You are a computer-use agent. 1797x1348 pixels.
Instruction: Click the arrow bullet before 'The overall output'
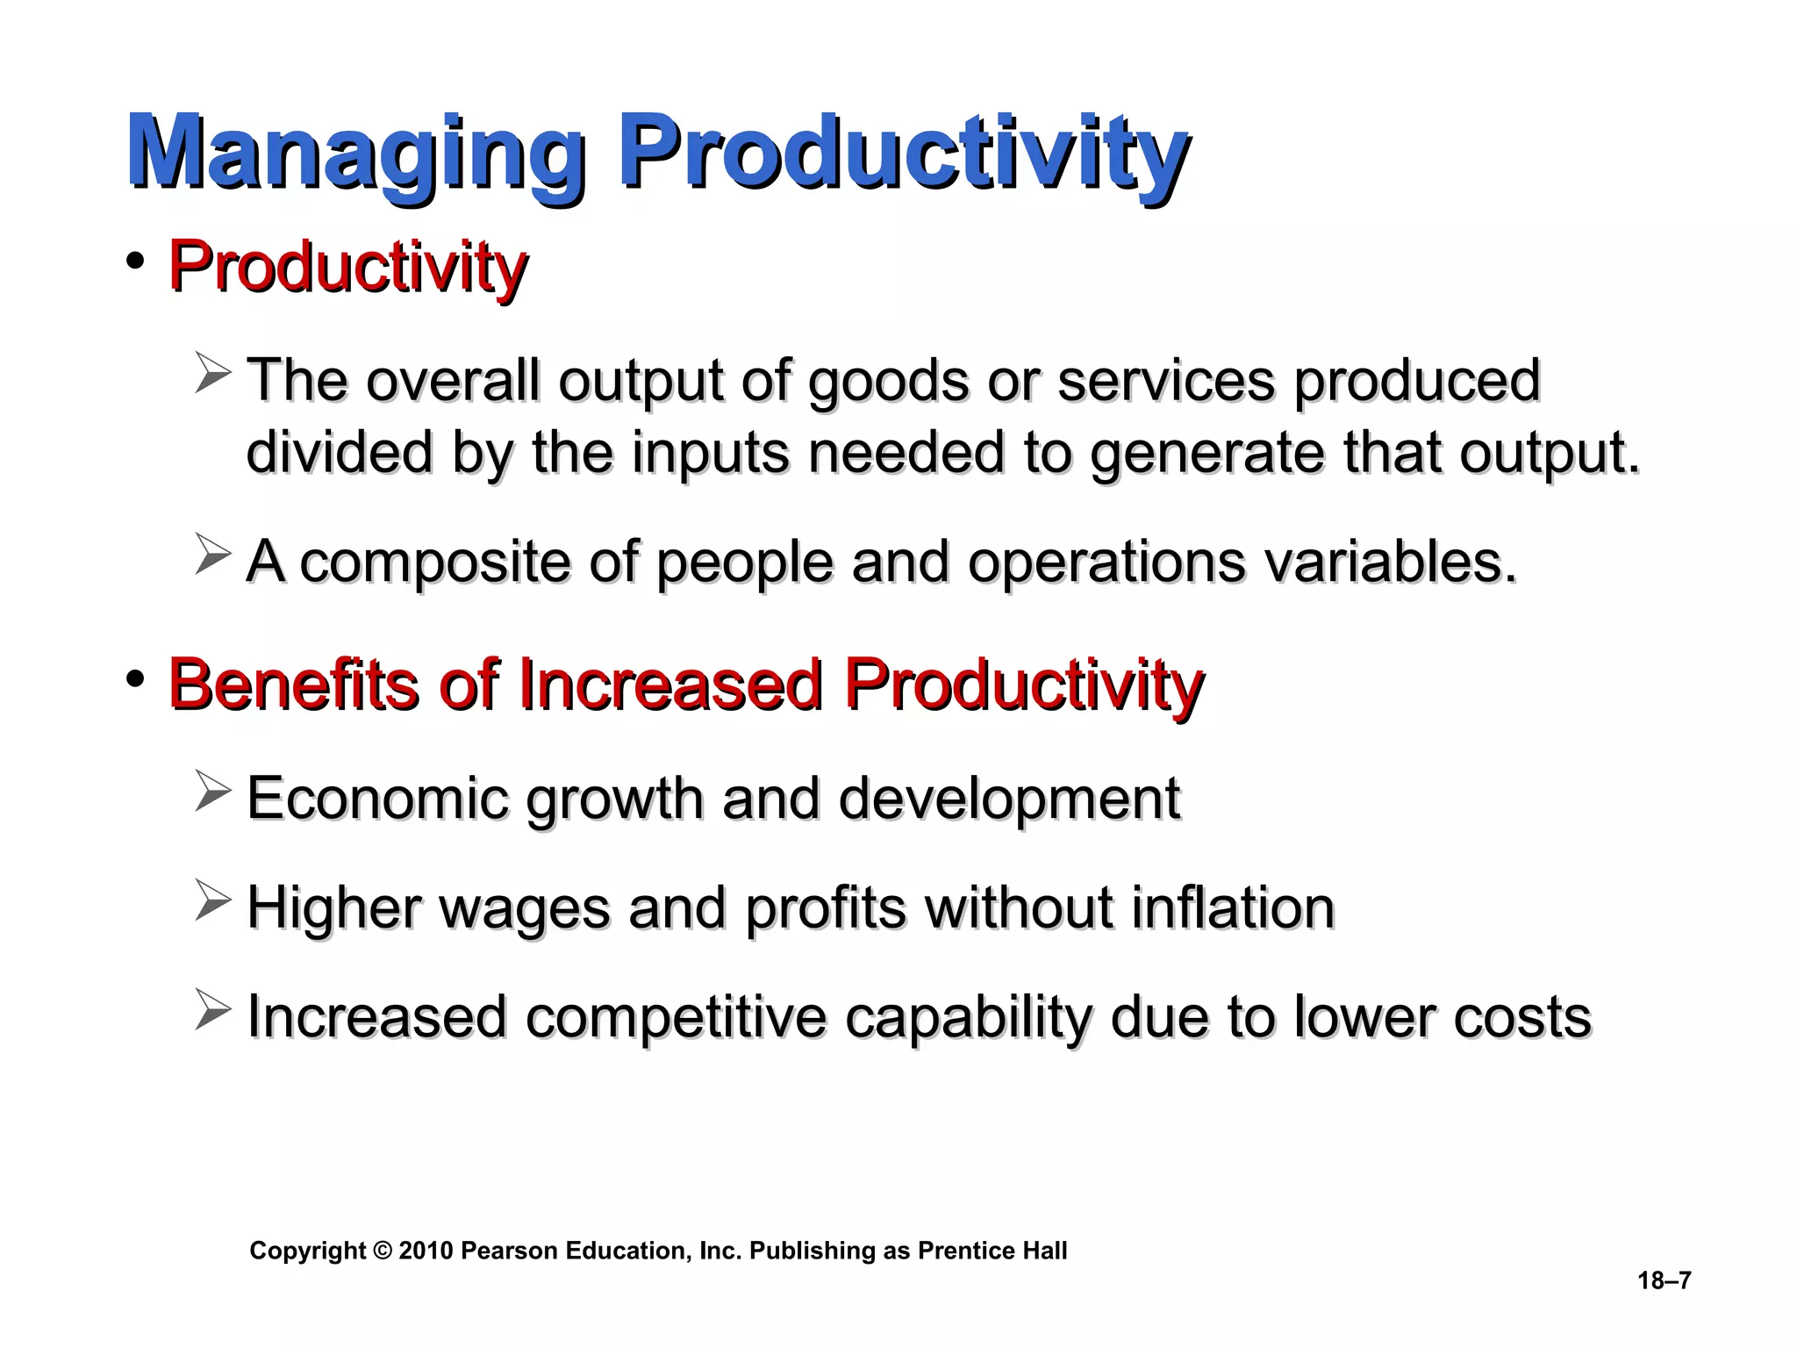click(212, 372)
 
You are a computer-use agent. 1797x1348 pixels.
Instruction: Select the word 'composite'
click(435, 562)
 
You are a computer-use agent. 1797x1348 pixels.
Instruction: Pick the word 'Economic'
click(377, 799)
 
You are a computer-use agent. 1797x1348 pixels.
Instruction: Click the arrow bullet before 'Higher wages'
click(212, 900)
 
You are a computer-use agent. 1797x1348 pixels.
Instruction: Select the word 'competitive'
click(676, 1016)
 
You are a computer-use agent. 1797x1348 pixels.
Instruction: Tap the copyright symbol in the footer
click(383, 1251)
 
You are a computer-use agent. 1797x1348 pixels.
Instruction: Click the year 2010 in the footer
click(426, 1251)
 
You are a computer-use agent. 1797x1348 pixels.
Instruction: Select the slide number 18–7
click(1664, 1280)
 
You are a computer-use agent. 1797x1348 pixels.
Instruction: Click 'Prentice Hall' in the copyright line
click(992, 1251)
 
